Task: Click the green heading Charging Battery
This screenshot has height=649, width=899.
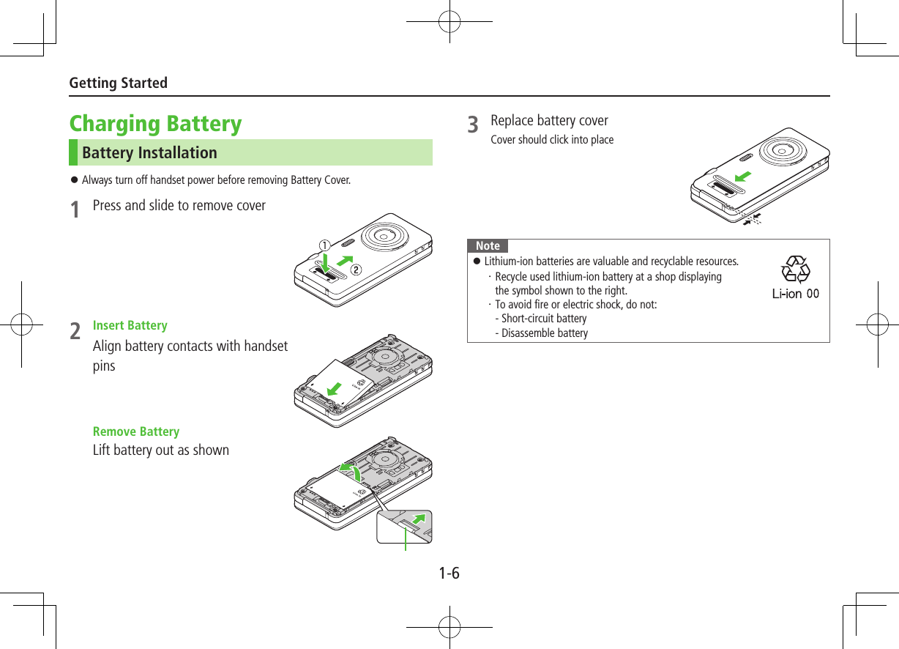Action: (x=155, y=123)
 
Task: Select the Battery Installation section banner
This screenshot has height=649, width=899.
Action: (x=250, y=152)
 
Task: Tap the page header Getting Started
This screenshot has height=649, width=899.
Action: (x=118, y=83)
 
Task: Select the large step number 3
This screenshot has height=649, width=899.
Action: (x=474, y=126)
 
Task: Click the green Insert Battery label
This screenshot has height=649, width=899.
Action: (x=130, y=325)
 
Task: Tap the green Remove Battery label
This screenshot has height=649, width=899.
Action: (x=135, y=431)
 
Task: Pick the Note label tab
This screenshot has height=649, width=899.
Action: (x=488, y=246)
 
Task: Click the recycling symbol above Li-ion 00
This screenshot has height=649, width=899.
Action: (x=795, y=270)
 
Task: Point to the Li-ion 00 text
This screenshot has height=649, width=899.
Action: (x=795, y=294)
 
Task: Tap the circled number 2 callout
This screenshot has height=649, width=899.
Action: (x=356, y=269)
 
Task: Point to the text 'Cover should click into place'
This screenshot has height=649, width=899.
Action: (x=552, y=140)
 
